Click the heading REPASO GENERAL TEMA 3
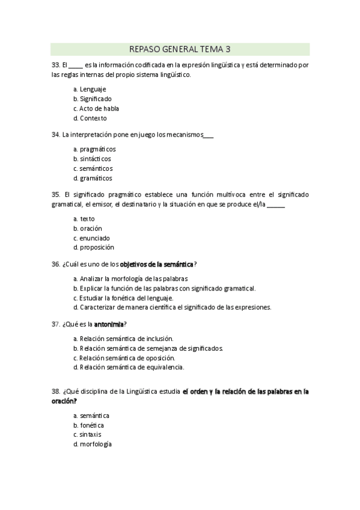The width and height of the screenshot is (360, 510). coord(180,49)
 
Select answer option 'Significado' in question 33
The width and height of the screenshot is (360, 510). coord(96,99)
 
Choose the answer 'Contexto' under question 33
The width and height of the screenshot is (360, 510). coord(93,118)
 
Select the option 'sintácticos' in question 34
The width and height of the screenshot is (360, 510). coord(95,158)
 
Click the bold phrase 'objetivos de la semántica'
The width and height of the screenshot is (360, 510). coord(157,264)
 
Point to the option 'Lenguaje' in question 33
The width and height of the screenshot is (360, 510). coord(93,89)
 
